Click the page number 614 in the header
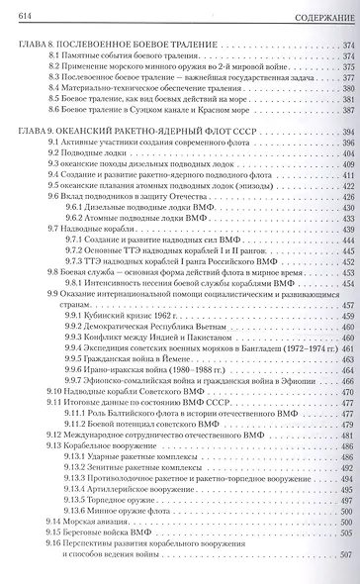coord(19,11)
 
